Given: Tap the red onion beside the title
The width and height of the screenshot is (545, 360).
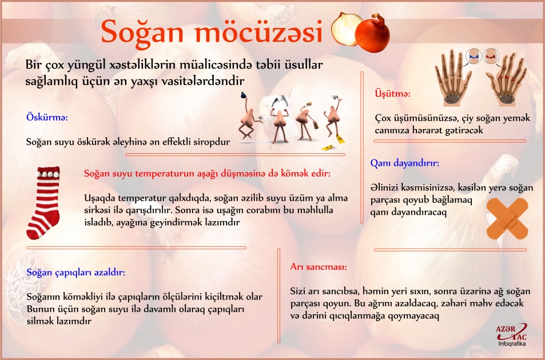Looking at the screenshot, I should [373, 33].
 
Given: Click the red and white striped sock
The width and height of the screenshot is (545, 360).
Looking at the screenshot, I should [43, 202].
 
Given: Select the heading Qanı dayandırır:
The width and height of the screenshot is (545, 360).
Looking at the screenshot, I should [404, 163].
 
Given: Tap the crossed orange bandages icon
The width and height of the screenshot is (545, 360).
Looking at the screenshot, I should [508, 219].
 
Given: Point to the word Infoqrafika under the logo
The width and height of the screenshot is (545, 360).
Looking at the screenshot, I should [512, 345].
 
